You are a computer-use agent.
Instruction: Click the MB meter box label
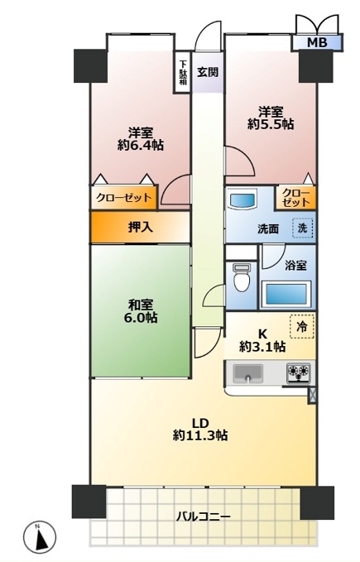317,43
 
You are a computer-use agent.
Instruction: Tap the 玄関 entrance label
208,72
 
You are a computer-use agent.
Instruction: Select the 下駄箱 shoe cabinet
183,73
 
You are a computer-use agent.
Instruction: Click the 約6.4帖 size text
141,145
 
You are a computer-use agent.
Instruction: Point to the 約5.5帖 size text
271,124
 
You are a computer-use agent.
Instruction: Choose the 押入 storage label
141,227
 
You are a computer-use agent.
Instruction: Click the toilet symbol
242,277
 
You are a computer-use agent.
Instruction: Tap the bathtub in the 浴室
286,295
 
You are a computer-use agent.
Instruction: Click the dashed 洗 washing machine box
303,228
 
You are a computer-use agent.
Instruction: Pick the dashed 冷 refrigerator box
302,326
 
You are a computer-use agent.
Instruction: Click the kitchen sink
248,373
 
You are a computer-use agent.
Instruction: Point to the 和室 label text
141,305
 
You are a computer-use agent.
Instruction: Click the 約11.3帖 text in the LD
200,435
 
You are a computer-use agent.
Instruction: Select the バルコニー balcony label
203,516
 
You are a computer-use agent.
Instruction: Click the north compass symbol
40,537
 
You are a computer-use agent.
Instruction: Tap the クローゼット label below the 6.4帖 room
124,198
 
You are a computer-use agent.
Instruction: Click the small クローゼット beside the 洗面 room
295,198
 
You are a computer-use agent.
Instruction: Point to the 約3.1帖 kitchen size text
262,347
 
